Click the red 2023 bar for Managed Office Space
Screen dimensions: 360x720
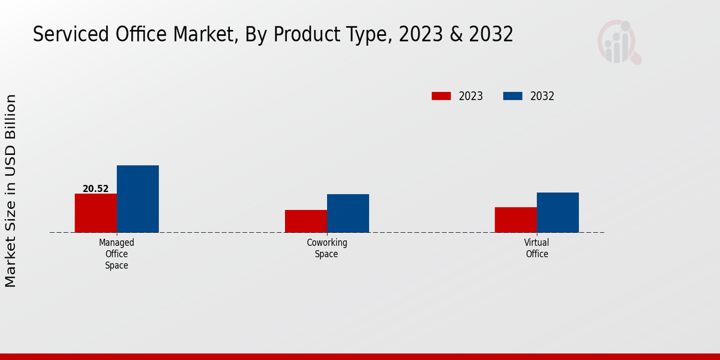tap(95, 213)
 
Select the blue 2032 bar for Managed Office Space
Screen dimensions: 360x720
tap(137, 199)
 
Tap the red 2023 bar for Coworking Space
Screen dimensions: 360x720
tap(306, 221)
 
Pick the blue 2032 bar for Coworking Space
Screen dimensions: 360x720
tap(348, 213)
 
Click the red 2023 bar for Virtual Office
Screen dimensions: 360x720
tap(515, 220)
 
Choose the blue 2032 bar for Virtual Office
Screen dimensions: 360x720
tap(557, 212)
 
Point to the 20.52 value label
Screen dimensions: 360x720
tap(95, 189)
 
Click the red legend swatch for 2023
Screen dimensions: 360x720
tap(441, 96)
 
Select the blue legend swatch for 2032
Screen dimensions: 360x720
tap(512, 96)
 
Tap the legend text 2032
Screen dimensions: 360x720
tap(542, 96)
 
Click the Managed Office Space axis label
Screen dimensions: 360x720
tap(116, 254)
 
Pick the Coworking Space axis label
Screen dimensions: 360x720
tap(327, 248)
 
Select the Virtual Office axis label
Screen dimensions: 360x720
tap(536, 248)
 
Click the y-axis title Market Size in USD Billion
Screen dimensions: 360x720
tap(11, 191)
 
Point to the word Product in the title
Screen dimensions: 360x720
tap(302, 35)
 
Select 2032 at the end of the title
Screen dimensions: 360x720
tap(491, 35)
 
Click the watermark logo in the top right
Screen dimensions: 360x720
tap(619, 42)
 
